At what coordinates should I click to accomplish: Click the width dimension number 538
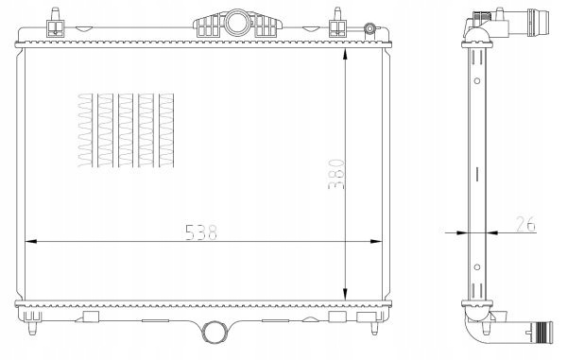[x=201, y=232]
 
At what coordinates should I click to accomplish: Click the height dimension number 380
[x=335, y=174]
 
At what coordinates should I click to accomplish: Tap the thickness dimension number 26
[x=525, y=224]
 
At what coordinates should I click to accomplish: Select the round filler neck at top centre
[x=237, y=23]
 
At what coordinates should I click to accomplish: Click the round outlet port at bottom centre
[x=215, y=333]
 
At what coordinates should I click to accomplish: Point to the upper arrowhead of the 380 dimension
[x=345, y=54]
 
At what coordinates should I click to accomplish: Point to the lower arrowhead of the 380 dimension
[x=345, y=294]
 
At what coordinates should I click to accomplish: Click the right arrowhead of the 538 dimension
[x=376, y=241]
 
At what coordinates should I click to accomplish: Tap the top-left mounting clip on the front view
[x=56, y=24]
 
